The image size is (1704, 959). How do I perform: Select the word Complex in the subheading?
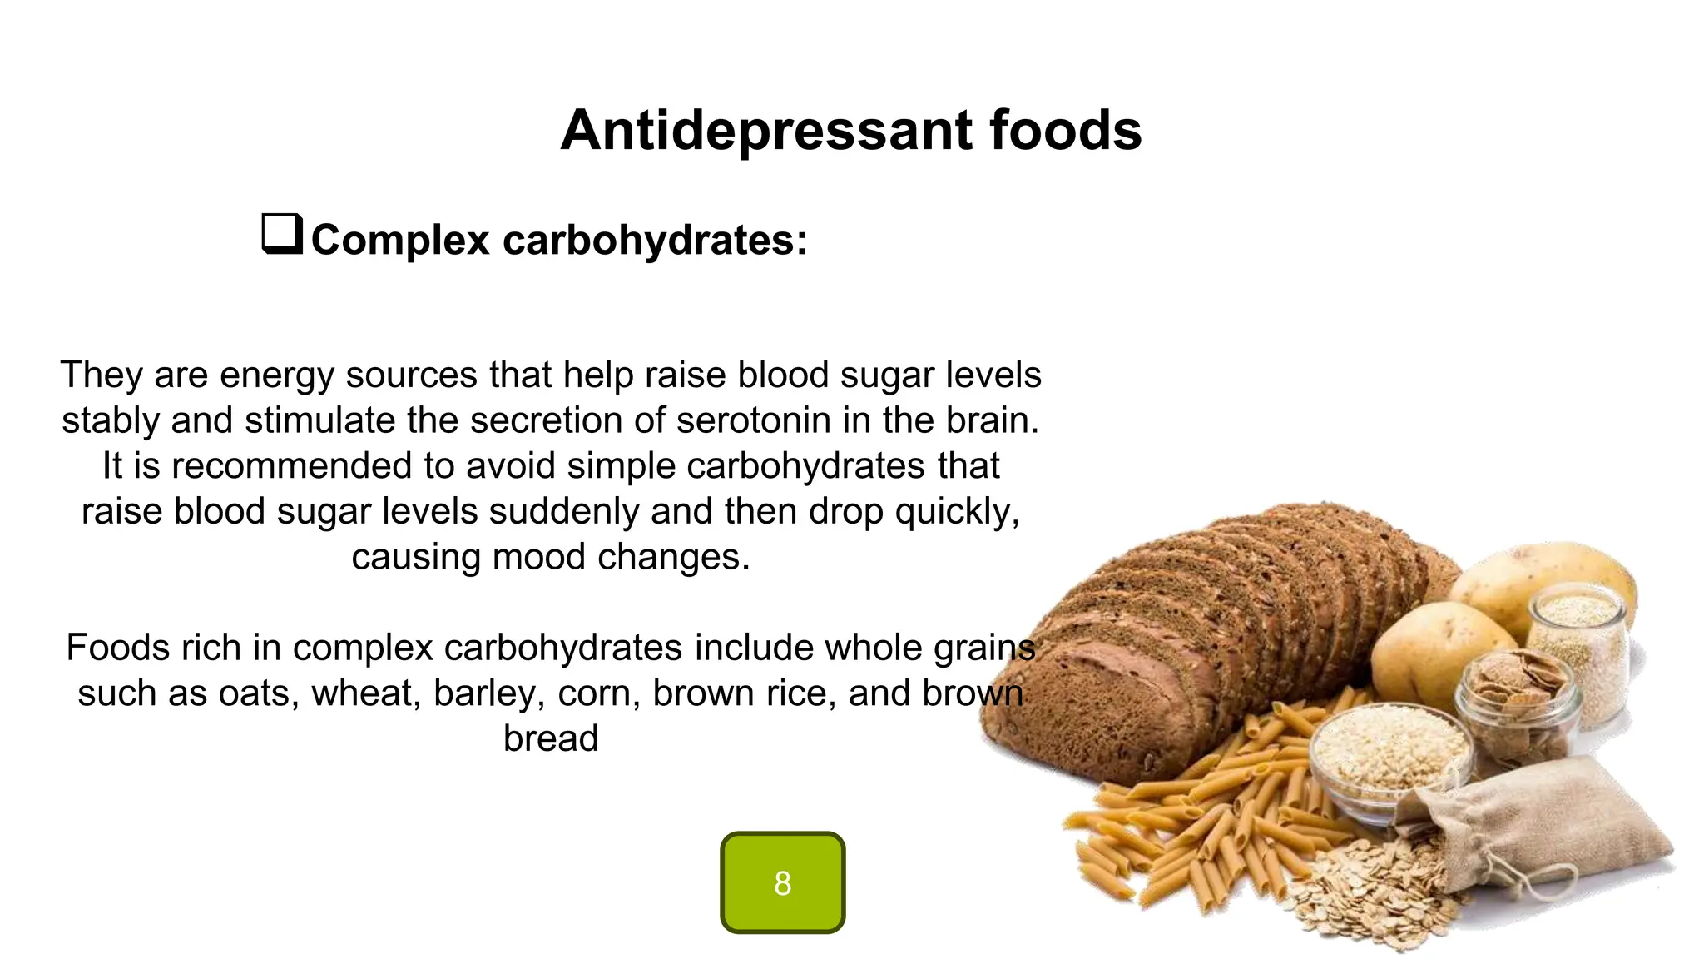tap(400, 241)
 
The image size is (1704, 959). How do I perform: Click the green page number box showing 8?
tap(782, 882)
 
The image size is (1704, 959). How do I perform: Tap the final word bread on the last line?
tap(551, 738)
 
